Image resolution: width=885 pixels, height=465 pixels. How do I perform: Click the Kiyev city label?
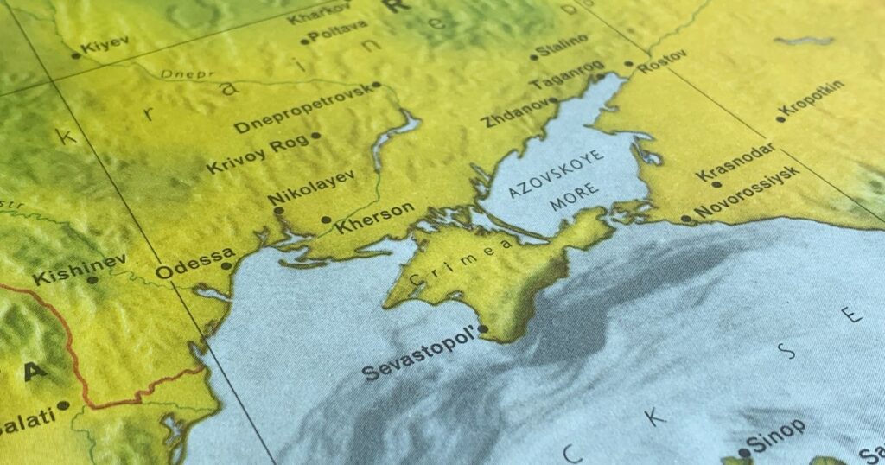click(106, 42)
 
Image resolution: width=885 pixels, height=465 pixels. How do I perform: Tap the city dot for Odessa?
click(226, 266)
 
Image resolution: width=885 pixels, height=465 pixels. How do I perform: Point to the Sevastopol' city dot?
click(482, 328)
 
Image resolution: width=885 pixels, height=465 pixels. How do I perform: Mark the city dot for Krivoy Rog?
click(315, 135)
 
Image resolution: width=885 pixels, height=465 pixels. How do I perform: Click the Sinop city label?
click(776, 435)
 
